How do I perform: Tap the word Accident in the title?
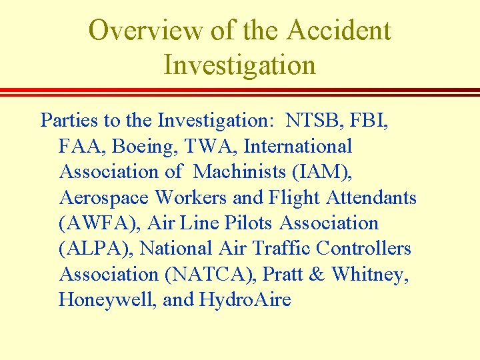340,31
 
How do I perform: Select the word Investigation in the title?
239,65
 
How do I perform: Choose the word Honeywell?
107,300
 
